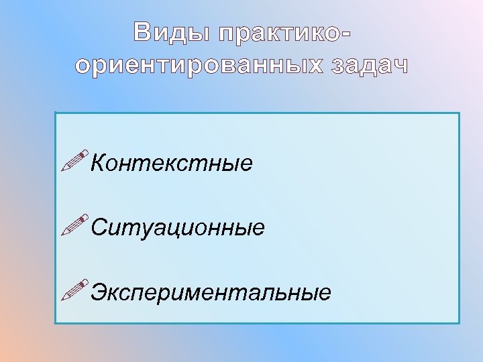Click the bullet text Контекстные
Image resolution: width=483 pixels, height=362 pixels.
tap(172, 163)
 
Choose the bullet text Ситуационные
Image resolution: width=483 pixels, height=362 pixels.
tap(178, 228)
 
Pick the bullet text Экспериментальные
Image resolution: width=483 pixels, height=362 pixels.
tap(211, 292)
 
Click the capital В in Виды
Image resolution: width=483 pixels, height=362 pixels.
tap(143, 32)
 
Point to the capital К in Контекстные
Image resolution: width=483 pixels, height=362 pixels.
tap(98, 163)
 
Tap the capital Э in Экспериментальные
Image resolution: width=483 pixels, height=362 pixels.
tap(99, 292)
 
